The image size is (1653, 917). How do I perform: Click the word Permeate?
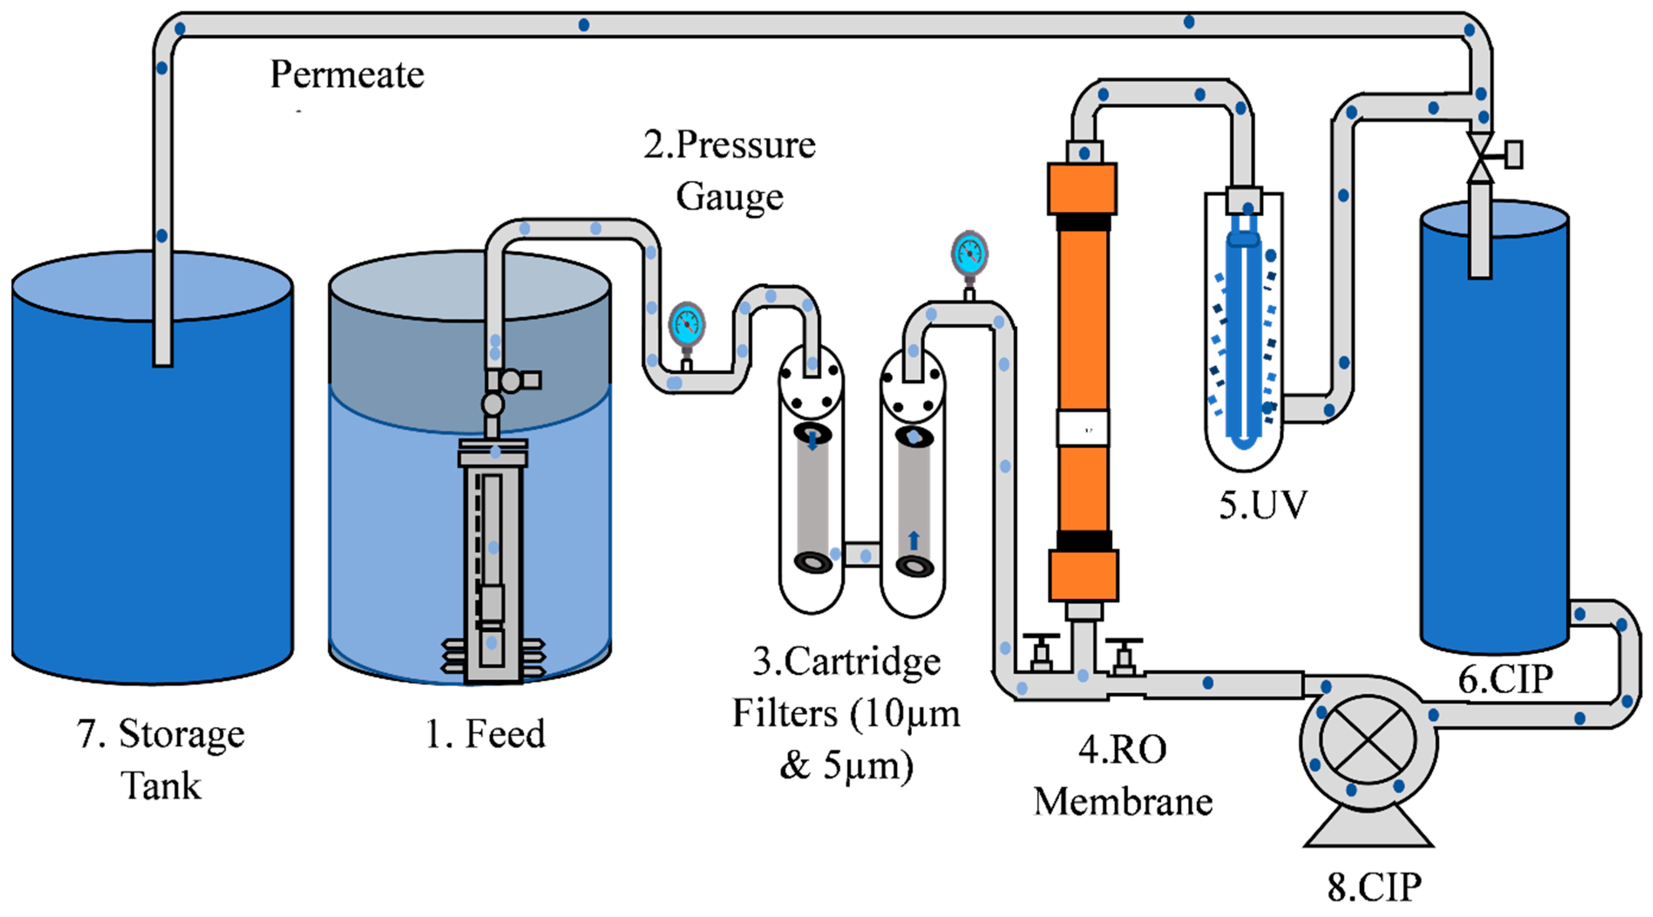coord(347,74)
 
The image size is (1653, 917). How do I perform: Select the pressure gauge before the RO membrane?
coord(969,254)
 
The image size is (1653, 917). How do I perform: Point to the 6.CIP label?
coord(1505,679)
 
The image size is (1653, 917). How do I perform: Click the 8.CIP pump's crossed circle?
coord(1368,740)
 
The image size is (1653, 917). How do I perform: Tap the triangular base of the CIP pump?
coord(1368,828)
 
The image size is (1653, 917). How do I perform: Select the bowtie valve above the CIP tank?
coord(1481,156)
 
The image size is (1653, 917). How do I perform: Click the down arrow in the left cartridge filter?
coord(813,441)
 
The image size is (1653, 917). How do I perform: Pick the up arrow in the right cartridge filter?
coord(914,540)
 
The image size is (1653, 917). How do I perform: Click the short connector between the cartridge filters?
coord(861,555)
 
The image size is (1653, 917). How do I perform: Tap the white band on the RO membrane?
coord(1083,429)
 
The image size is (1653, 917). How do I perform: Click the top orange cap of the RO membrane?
coord(1082,189)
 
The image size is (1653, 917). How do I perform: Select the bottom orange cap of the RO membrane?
coord(1083,575)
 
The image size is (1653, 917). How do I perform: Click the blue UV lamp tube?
coord(1243,340)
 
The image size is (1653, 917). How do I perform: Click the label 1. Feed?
coord(485,734)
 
